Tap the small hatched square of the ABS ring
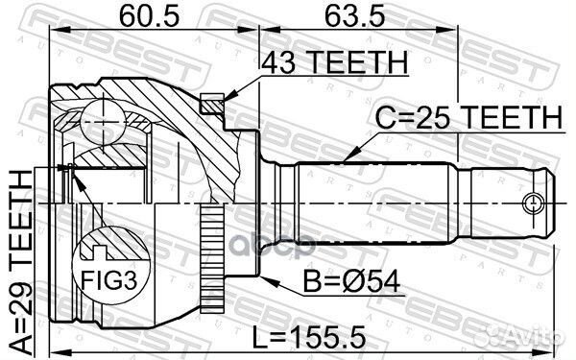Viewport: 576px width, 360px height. coord(214,99)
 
